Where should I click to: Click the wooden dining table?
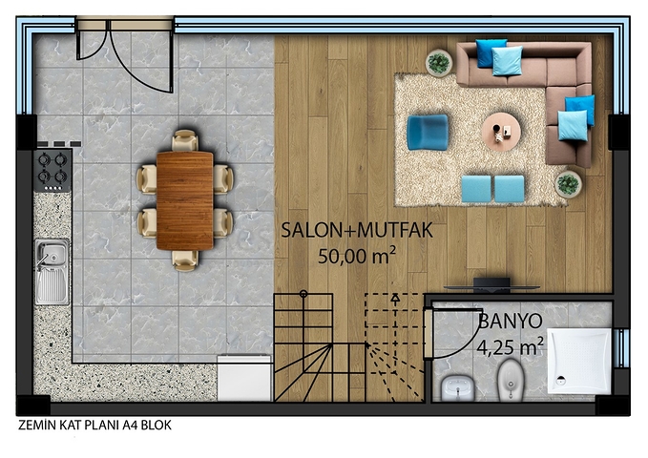click(x=185, y=201)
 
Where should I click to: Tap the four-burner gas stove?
click(x=52, y=171)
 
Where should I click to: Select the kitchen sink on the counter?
click(x=52, y=272)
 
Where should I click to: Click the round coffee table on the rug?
click(x=501, y=132)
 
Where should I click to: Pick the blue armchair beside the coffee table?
click(x=428, y=133)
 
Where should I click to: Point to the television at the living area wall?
click(x=491, y=285)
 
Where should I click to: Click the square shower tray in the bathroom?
click(x=579, y=361)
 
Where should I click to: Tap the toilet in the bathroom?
click(x=510, y=380)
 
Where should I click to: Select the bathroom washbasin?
click(x=457, y=388)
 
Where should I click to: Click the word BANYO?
click(x=511, y=321)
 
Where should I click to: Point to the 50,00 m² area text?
click(x=356, y=256)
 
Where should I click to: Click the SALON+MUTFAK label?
click(x=357, y=230)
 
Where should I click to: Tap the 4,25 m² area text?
click(x=510, y=346)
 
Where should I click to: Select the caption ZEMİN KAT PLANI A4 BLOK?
click(x=94, y=426)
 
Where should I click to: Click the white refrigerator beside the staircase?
click(x=244, y=378)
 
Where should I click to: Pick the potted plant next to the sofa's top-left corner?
click(x=439, y=63)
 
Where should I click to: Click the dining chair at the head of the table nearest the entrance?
click(x=185, y=140)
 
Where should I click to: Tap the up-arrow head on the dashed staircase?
click(x=395, y=297)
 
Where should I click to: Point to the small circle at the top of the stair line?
click(x=303, y=294)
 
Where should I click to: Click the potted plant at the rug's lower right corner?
click(x=568, y=184)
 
